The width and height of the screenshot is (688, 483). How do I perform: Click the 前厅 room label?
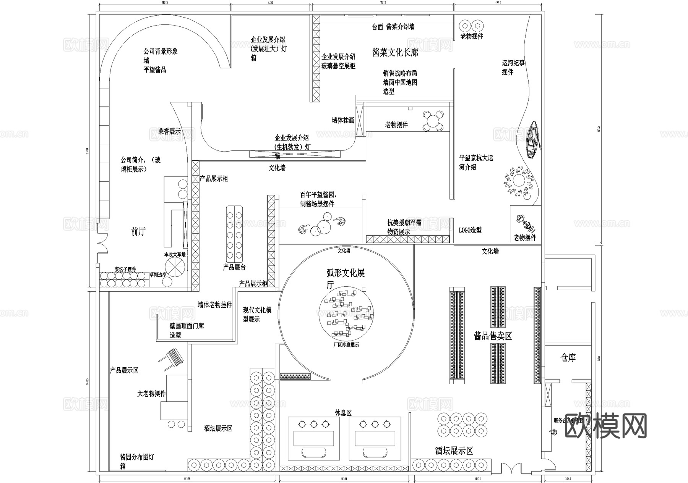point(138,231)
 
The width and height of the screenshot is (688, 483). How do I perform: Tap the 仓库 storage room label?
point(568,358)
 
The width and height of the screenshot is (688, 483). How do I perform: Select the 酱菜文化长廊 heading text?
point(395,53)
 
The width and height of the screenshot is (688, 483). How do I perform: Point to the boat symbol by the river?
point(533,139)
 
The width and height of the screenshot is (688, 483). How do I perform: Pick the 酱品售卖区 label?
point(493,336)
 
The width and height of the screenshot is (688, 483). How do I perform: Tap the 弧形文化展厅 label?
point(345,279)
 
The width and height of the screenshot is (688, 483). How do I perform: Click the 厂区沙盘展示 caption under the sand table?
point(346,345)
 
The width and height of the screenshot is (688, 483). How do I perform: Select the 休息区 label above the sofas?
point(343,413)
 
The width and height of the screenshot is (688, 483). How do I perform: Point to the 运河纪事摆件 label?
point(513,68)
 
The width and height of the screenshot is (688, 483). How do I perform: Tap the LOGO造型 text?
point(470,230)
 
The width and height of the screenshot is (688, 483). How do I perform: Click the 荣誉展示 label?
point(169,131)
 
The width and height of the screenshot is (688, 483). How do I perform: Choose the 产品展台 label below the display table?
point(234,267)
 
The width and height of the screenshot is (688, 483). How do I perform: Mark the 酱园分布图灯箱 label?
point(136,461)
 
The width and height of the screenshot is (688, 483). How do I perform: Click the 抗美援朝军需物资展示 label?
point(404,227)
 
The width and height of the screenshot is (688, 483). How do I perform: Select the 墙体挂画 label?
point(343,120)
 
